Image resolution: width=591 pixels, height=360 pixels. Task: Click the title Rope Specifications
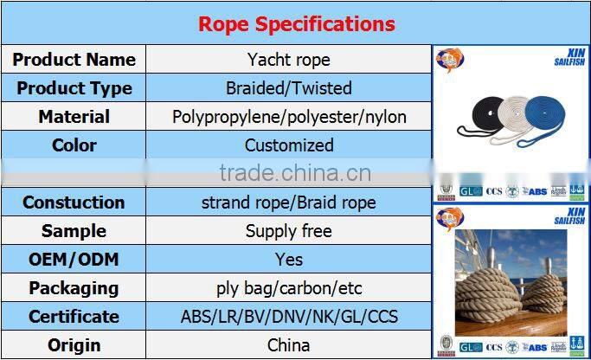296,23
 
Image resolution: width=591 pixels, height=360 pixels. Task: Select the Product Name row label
74,60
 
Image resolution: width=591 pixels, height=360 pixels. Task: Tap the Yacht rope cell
288,60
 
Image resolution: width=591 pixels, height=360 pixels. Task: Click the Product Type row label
74,88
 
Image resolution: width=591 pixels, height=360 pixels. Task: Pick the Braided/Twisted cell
288,88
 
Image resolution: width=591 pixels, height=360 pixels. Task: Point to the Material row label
74,117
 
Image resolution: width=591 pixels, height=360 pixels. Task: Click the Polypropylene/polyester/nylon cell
288,117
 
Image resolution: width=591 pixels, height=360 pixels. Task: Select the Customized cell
288,145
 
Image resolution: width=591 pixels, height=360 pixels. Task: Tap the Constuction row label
74,202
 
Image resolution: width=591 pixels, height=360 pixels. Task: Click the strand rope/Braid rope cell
288,202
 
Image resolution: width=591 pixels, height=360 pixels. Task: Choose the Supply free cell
288,231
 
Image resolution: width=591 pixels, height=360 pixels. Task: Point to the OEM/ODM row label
74,260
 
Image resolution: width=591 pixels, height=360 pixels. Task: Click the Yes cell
288,260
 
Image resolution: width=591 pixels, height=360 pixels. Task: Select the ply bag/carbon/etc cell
288,288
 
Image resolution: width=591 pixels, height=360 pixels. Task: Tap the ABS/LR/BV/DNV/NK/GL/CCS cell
288,317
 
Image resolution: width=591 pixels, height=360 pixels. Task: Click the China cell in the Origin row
288,345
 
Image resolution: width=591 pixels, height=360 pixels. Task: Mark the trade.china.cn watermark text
294,173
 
